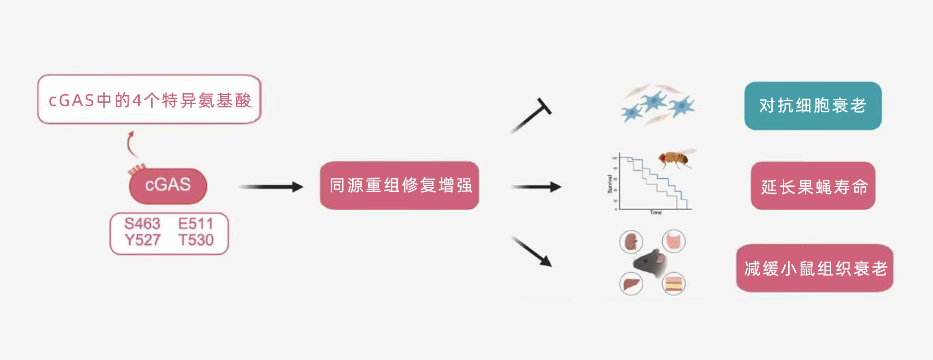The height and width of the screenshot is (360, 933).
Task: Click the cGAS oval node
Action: pos(168,185)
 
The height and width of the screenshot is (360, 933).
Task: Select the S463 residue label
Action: pos(142,224)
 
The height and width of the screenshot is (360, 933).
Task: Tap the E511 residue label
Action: pos(195,224)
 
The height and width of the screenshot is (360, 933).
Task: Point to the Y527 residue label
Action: pos(142,240)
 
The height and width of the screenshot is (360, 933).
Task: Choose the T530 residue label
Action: pos(195,240)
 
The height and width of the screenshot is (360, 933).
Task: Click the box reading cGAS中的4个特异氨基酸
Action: pos(149,100)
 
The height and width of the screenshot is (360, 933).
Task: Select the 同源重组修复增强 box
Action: pos(399,185)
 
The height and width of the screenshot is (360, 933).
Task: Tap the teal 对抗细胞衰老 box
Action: pos(813,106)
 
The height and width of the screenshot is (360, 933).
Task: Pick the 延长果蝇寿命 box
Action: pos(813,186)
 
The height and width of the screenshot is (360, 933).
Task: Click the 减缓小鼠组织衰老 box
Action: pos(814,268)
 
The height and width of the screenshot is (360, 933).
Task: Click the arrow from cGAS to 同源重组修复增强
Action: pos(271,187)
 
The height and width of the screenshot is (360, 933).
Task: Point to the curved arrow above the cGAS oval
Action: pos(131,144)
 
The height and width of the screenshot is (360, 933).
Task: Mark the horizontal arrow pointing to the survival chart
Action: pos(536,187)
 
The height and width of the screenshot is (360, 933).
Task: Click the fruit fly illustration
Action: pos(676,158)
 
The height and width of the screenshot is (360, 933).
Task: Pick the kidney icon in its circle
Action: pos(631,241)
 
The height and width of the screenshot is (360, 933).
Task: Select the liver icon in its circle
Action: pos(631,284)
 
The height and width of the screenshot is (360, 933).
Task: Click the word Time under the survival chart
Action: pos(656,212)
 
